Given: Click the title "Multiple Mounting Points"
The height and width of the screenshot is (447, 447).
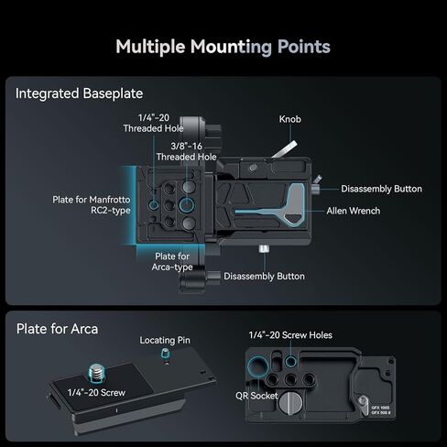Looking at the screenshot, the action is point(223,47).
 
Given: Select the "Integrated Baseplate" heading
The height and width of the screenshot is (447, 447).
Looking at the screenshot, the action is point(79,93).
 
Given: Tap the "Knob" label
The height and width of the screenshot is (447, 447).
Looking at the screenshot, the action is point(289,119).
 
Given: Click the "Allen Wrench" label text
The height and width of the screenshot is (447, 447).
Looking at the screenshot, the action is point(354,211).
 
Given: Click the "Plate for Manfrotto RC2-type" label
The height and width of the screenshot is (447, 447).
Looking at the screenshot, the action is point(92,205).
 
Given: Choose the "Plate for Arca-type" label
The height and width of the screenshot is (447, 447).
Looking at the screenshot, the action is point(172,262).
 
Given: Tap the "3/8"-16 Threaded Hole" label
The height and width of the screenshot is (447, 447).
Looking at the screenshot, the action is point(186,151).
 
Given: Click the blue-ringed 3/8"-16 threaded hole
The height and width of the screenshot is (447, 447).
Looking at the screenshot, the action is point(187,204).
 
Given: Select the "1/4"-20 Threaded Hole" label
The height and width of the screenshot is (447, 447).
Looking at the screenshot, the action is point(153,123).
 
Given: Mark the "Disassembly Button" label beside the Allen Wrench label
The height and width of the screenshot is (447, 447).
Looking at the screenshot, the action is point(381,189).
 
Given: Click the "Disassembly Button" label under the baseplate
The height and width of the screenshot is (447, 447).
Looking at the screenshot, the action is point(264,277).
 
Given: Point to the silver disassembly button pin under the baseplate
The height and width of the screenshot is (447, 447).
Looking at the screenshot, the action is point(264,249).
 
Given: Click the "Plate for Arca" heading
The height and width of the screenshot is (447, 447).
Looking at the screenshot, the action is point(57,329).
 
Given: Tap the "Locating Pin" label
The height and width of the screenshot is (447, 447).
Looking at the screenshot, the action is point(165,340).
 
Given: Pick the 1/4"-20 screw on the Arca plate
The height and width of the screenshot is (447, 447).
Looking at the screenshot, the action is point(97,373).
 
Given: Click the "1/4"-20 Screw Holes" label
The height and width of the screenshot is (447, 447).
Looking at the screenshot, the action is point(290,335).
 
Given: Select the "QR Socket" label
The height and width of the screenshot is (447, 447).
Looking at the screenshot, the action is point(256,396).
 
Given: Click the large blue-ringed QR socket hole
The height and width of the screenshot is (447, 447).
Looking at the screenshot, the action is point(258,366).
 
